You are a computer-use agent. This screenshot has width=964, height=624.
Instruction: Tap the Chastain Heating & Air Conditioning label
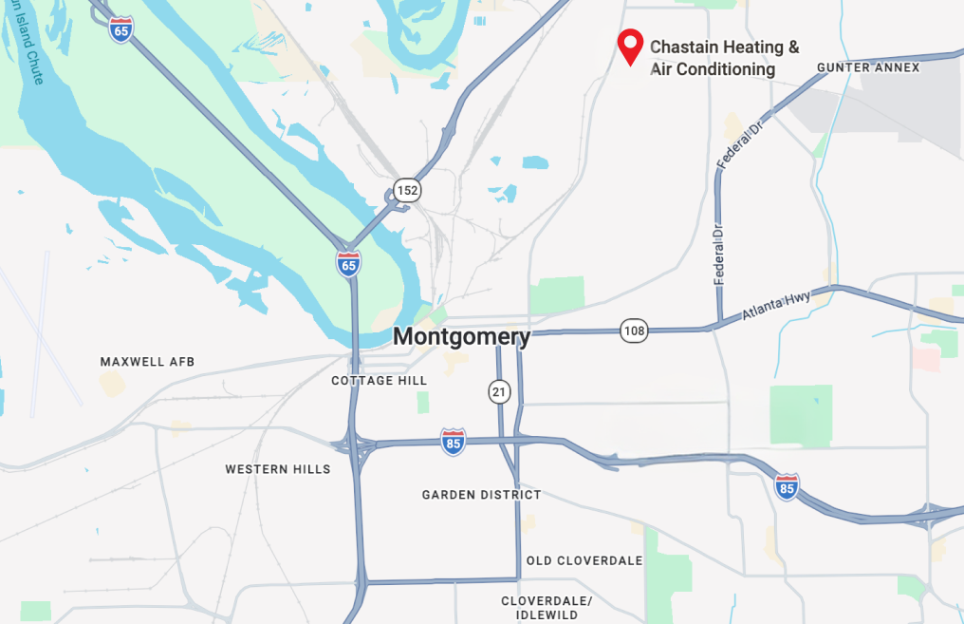pos(724,58)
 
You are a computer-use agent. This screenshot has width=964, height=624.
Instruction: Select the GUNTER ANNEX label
pos(868,67)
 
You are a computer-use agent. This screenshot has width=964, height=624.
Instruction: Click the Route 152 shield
pos(407,190)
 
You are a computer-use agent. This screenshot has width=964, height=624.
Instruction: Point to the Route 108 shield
pos(635,331)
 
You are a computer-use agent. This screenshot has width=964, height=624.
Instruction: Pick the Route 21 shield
pos(499,390)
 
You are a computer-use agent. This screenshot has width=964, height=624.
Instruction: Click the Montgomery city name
pos(461,336)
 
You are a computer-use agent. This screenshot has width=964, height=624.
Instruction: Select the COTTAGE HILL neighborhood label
pos(379,381)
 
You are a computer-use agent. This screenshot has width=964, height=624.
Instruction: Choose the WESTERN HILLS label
pos(278,469)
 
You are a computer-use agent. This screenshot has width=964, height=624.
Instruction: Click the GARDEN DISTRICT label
pos(481,495)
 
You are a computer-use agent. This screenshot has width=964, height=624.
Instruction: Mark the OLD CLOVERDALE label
pos(584,560)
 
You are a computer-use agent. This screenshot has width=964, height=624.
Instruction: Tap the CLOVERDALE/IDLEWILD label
pos(547,608)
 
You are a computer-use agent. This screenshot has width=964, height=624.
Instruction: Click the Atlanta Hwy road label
pos(776,305)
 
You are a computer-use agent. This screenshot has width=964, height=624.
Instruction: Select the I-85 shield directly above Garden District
pos(454,442)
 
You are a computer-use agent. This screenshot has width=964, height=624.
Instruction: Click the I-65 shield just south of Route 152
pos(348,263)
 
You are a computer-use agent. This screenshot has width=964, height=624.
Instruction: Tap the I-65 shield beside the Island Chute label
pos(120,28)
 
